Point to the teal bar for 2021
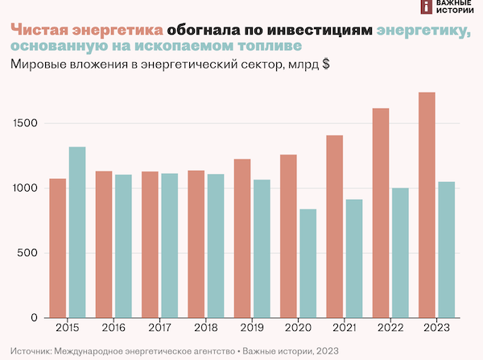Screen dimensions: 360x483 click(354, 259)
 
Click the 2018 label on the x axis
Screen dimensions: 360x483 click(205, 328)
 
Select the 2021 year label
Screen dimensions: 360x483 click(345, 328)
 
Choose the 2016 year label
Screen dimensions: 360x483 click(114, 328)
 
